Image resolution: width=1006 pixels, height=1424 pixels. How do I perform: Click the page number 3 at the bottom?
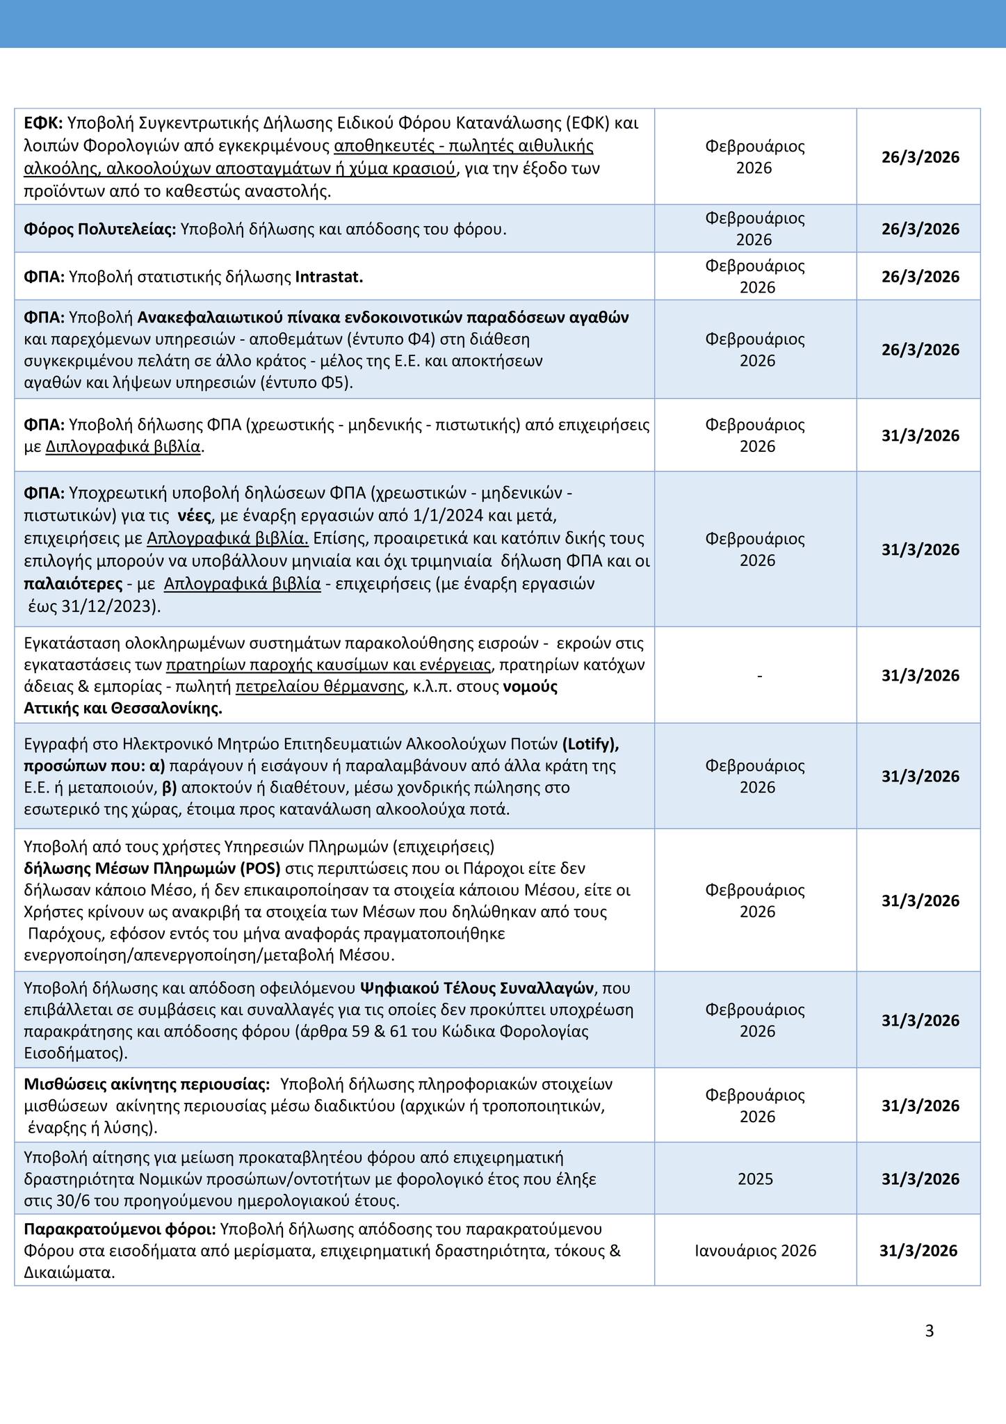click(930, 1332)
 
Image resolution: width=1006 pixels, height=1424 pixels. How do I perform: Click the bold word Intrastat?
click(330, 277)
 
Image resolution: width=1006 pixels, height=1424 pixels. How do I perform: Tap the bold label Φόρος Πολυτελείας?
click(100, 229)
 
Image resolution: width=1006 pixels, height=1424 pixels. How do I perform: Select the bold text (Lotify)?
click(590, 743)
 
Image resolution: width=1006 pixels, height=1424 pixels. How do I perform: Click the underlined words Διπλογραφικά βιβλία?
click(124, 446)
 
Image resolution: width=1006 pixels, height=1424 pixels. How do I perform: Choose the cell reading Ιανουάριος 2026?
click(755, 1251)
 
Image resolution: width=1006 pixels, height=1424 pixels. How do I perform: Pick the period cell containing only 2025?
click(755, 1179)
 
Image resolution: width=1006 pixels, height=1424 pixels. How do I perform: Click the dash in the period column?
click(759, 675)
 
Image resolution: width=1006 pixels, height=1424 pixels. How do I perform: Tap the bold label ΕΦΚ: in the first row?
click(43, 123)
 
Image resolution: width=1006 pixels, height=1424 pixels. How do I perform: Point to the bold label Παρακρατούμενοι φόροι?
click(120, 1229)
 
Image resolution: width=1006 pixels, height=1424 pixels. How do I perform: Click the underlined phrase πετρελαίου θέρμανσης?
click(320, 687)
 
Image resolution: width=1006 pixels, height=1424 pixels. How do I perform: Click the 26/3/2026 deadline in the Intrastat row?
click(920, 277)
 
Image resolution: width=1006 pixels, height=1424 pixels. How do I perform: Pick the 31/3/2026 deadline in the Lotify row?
click(920, 776)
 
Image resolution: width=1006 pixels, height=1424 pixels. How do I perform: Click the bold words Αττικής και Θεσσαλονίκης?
click(123, 709)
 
